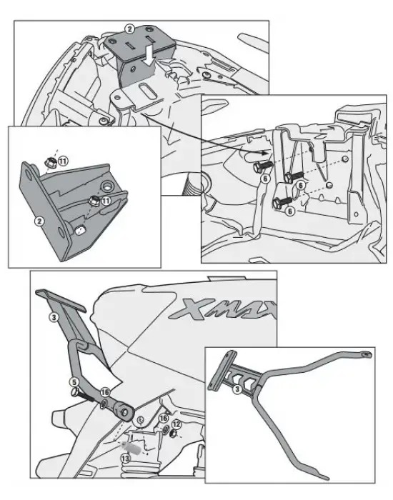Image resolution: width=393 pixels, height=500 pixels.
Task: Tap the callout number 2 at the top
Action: tap(129, 29)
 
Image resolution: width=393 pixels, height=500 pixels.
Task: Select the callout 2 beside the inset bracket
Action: tap(40, 221)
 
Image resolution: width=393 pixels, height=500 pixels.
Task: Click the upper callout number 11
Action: tap(62, 162)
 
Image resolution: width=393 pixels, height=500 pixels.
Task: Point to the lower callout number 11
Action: tap(106, 202)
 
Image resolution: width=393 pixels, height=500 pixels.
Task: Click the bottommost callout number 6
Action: tap(289, 211)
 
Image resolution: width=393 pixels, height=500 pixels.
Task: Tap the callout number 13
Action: tap(126, 457)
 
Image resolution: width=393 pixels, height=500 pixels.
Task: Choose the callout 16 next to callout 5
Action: tap(105, 391)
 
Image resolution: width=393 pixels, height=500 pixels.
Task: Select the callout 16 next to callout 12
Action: tap(163, 418)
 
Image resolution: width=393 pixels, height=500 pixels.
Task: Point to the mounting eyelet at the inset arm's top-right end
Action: tap(365, 353)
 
